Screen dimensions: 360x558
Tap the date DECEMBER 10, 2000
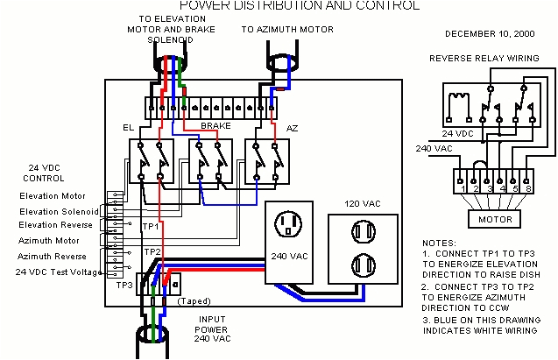click(x=489, y=34)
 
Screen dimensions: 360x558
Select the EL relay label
click(x=128, y=128)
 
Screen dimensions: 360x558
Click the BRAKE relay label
click(x=215, y=127)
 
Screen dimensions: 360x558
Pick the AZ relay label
click(x=293, y=128)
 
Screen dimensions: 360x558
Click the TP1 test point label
click(x=151, y=226)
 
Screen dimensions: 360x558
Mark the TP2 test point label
click(x=152, y=251)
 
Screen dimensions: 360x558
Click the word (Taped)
click(x=194, y=301)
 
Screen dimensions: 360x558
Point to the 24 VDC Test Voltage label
click(x=56, y=271)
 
